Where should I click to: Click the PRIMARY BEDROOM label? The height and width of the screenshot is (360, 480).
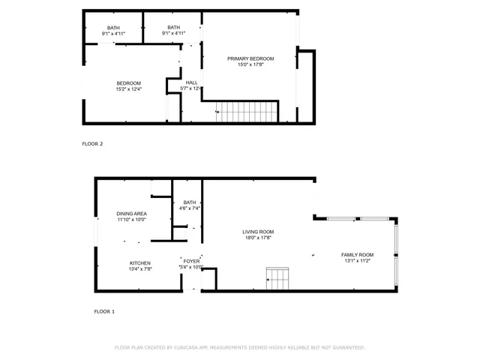(250, 58)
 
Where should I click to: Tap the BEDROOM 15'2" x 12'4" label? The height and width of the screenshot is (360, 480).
(128, 83)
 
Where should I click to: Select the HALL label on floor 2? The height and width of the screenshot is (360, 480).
(191, 82)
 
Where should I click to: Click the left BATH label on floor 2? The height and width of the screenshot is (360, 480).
(113, 28)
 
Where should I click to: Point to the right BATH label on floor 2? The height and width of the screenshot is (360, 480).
(173, 28)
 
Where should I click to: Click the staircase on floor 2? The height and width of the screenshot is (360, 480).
(247, 113)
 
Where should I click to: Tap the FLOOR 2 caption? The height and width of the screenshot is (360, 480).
(92, 143)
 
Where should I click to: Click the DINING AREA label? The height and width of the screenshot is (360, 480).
(130, 214)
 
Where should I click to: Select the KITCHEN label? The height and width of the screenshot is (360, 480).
(139, 262)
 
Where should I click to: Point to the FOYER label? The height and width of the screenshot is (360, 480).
(191, 261)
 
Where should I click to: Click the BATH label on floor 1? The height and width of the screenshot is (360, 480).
(189, 202)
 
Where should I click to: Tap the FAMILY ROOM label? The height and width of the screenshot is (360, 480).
(357, 255)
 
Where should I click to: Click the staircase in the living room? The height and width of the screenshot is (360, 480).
(277, 278)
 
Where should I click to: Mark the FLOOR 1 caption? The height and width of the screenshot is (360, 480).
(104, 311)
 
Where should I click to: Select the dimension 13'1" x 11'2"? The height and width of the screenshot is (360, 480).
(357, 261)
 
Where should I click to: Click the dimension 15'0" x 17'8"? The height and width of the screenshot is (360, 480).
(250, 64)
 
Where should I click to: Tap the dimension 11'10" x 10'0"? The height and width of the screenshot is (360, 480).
(130, 220)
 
